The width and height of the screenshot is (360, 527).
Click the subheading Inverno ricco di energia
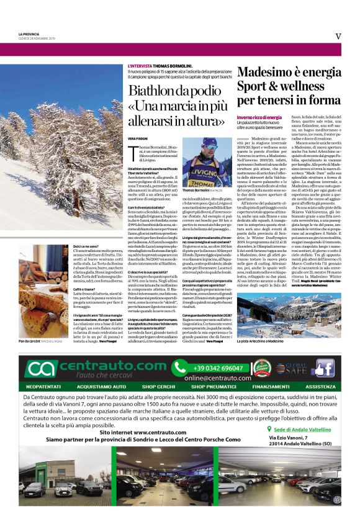(x=259, y=117)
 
